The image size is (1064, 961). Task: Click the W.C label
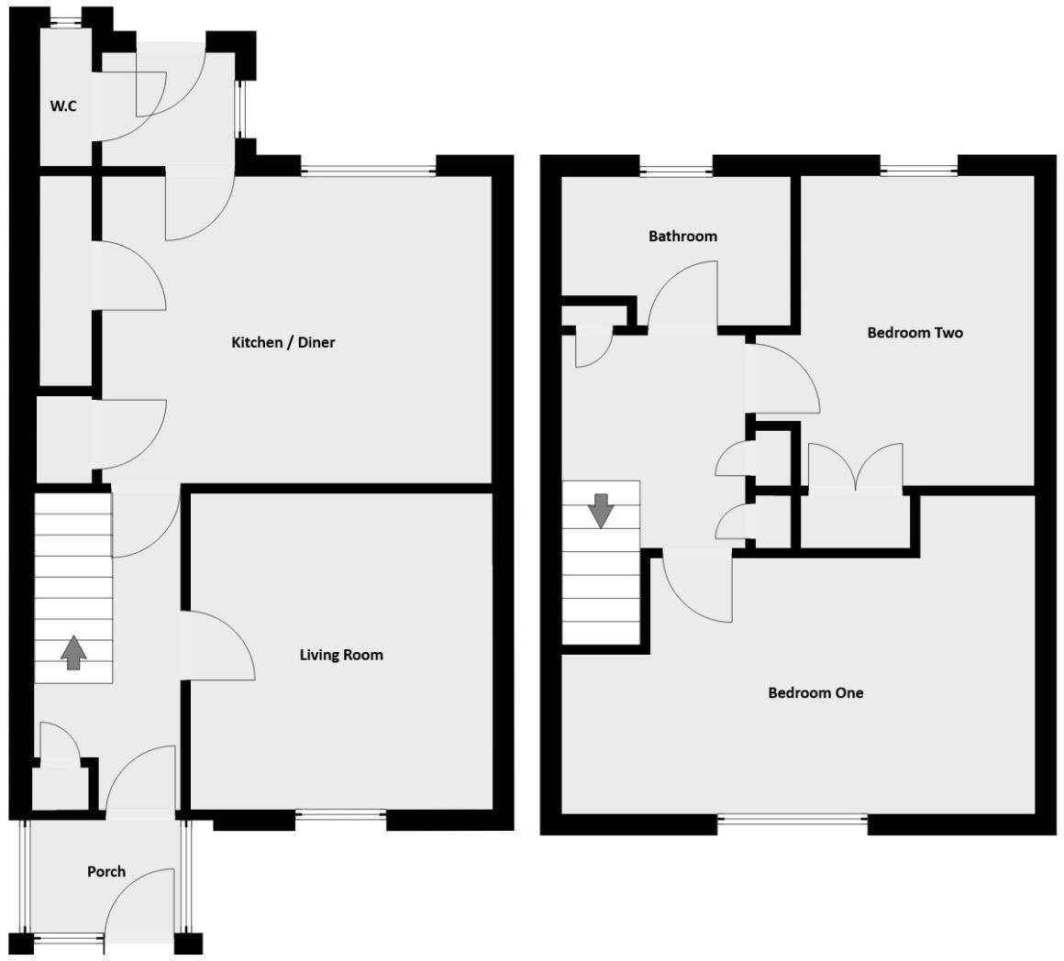[63, 106]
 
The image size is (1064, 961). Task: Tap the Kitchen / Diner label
[283, 343]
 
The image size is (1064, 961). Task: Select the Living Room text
[341, 655]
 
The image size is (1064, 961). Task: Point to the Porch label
[106, 871]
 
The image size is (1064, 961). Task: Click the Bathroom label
[682, 237]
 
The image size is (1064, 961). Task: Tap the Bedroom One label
[815, 693]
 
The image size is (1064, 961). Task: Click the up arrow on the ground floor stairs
[73, 651]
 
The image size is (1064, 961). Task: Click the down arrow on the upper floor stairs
[601, 510]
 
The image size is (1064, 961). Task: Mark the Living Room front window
[340, 813]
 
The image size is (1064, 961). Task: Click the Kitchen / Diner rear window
[368, 169]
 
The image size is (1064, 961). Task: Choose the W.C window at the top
[64, 23]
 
